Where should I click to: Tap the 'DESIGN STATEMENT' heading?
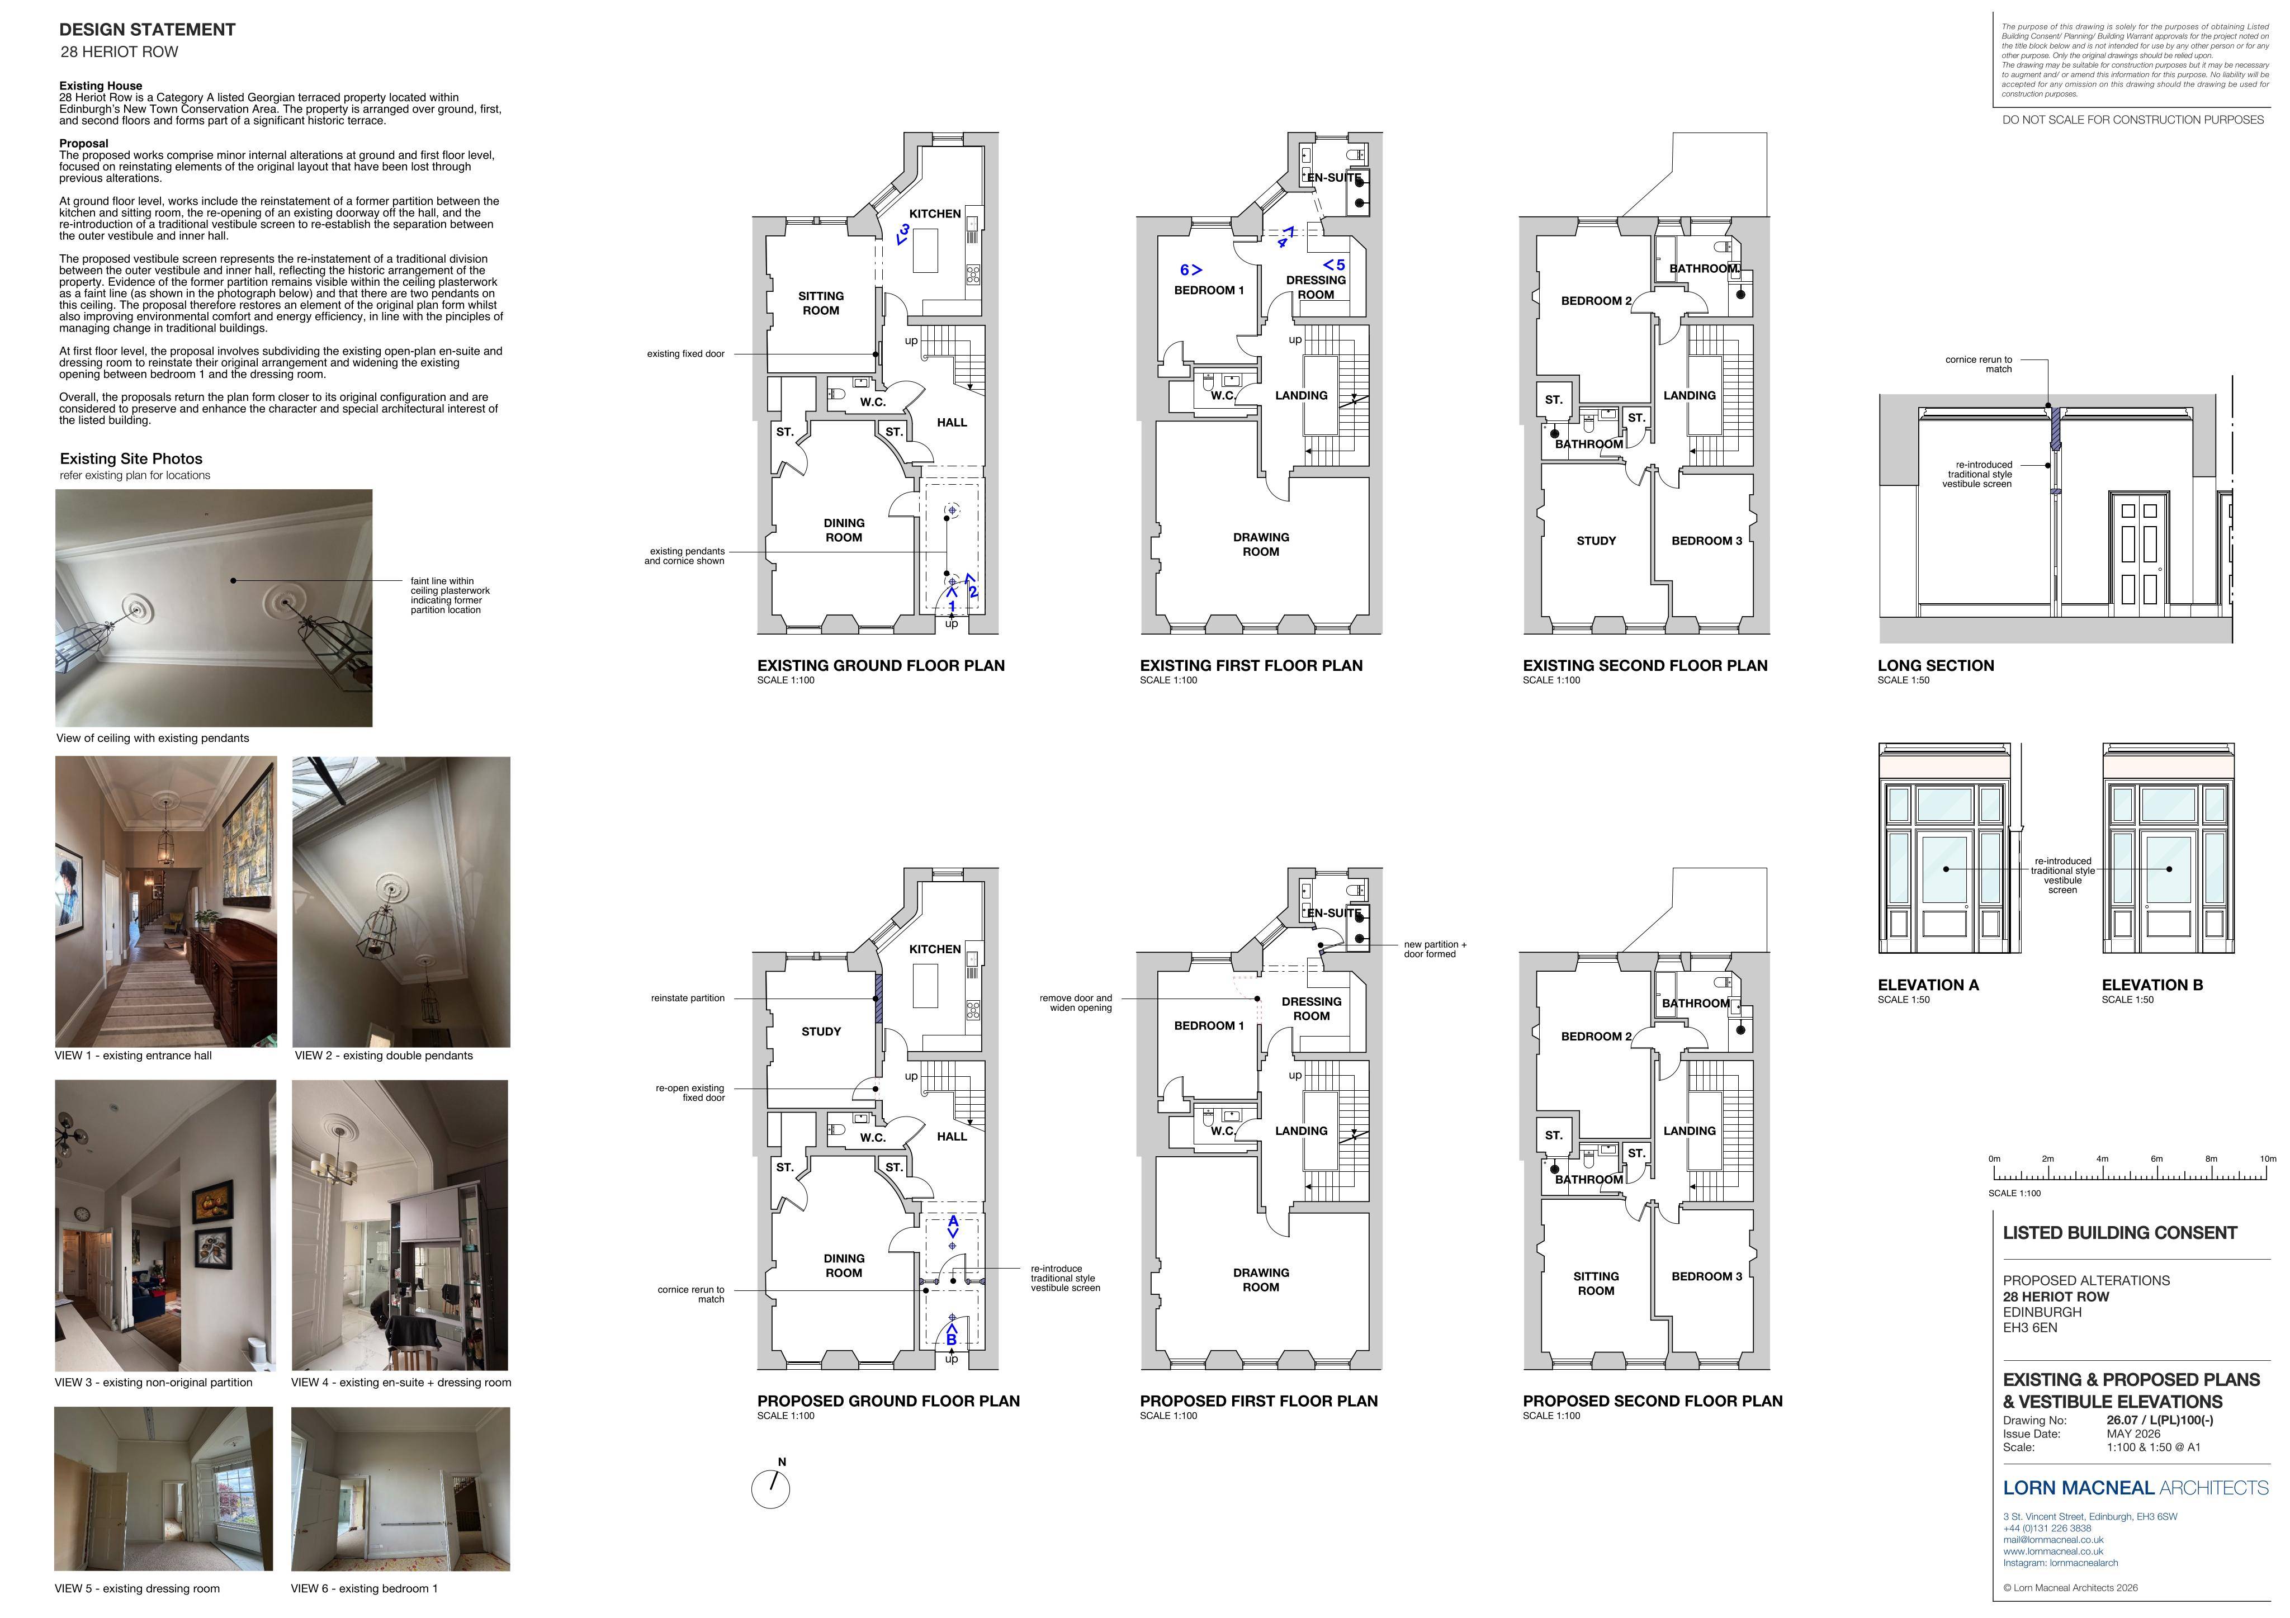pos(148,30)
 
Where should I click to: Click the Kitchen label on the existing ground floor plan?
pos(935,214)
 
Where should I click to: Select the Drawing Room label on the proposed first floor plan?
pos(1261,1280)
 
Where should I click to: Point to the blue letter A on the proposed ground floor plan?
pos(953,1221)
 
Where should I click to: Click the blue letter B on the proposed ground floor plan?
pos(952,1340)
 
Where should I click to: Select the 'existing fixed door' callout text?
pos(685,354)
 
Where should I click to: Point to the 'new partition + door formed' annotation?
pos(1435,949)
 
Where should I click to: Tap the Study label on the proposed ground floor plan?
pos(821,1032)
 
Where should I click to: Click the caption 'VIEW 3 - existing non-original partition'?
pos(154,1383)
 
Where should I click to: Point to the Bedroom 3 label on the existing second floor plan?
pos(1706,541)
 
